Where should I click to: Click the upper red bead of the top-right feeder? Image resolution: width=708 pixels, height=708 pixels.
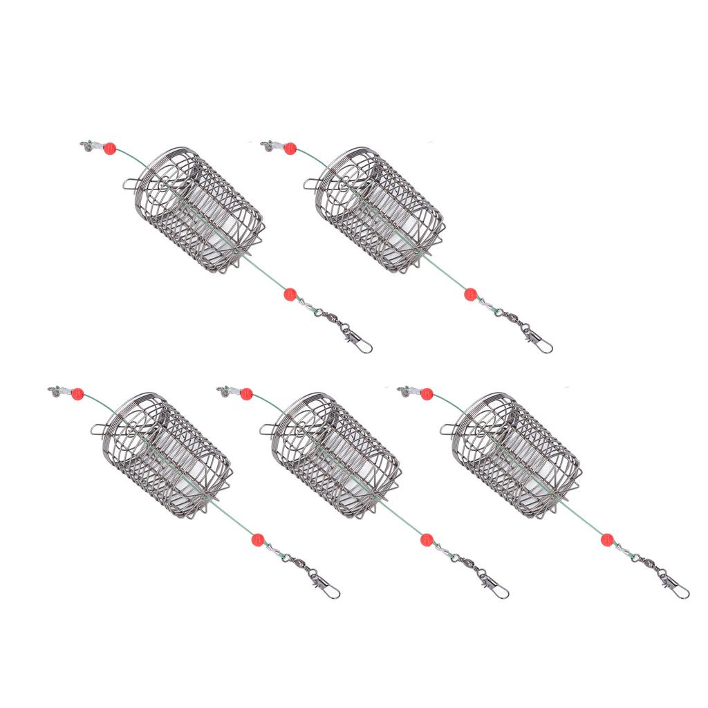point(290,149)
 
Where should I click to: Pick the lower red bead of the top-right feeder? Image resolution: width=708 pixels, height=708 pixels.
point(470,294)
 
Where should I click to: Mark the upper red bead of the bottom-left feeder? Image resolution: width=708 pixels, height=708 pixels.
point(77,394)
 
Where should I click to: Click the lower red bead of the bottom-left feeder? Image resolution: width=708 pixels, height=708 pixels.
point(258,539)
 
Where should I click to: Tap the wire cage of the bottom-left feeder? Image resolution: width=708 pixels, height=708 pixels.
point(165,456)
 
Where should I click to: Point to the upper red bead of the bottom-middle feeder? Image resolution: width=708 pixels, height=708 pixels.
point(246,394)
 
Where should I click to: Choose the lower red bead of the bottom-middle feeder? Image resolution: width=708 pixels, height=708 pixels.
point(427,539)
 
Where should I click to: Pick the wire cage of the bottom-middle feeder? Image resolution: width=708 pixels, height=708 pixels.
point(334,456)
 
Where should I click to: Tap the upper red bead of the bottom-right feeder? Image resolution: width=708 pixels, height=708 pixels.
point(427,394)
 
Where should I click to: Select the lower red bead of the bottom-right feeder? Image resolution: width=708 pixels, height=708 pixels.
point(607,539)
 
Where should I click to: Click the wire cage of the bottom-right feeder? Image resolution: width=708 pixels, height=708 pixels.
point(515,456)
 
